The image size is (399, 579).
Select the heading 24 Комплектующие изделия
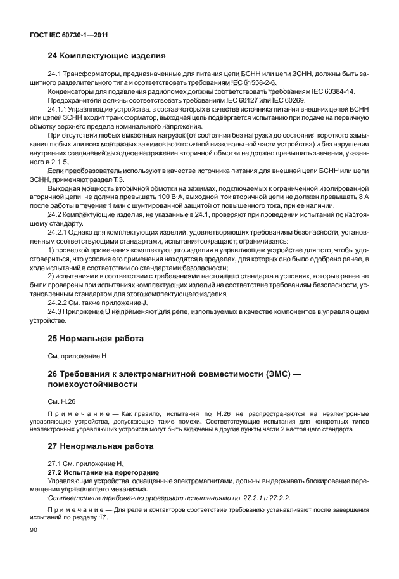[x=107, y=56]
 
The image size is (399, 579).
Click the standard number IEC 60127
[x=234, y=101]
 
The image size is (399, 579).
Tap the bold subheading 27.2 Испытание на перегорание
[x=103, y=473]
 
